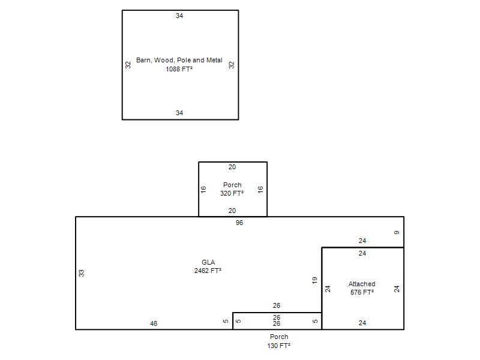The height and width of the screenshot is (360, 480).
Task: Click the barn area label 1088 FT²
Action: tap(179, 69)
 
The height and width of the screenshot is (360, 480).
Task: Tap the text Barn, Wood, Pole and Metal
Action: tap(179, 60)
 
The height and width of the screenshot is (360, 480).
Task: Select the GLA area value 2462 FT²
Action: tap(208, 271)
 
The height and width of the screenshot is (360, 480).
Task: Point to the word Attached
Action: tap(362, 284)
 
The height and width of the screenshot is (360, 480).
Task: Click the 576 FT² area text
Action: tap(362, 292)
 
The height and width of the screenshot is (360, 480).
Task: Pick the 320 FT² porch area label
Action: tap(232, 193)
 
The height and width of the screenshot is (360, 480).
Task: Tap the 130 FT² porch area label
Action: tap(278, 346)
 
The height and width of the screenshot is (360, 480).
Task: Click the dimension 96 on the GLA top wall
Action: tap(239, 223)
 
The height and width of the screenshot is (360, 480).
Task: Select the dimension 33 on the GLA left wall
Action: tap(81, 273)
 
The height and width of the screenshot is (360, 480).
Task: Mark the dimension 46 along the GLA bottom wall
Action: tap(154, 323)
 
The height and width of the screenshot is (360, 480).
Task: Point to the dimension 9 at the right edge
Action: tap(397, 233)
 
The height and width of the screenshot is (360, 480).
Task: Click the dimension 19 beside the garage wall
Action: tap(314, 280)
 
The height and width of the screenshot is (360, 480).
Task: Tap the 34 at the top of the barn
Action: tap(179, 16)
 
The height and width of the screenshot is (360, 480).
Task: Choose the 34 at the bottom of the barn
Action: tap(179, 113)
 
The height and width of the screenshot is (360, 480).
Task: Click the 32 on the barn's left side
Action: tap(128, 65)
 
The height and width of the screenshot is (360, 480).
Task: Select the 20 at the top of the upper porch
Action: tap(232, 167)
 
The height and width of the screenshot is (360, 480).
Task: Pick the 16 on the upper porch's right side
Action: tap(260, 190)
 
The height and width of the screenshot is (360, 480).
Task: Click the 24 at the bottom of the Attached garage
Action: tap(362, 323)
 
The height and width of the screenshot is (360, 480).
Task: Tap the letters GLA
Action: tap(208, 262)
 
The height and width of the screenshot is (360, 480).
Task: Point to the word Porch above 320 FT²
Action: tap(232, 185)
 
